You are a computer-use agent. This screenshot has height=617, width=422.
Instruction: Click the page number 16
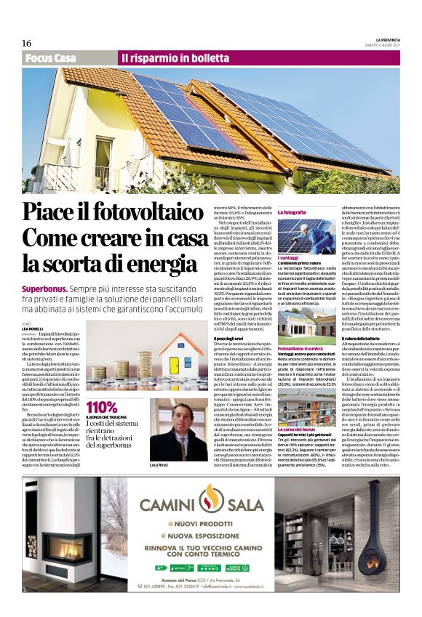tap(26, 43)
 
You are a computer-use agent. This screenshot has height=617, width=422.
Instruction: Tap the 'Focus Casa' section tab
tap(50, 57)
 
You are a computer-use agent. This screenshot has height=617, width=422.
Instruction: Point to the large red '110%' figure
tap(102, 406)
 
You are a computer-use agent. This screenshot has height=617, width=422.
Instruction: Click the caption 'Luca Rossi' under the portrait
tap(159, 463)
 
